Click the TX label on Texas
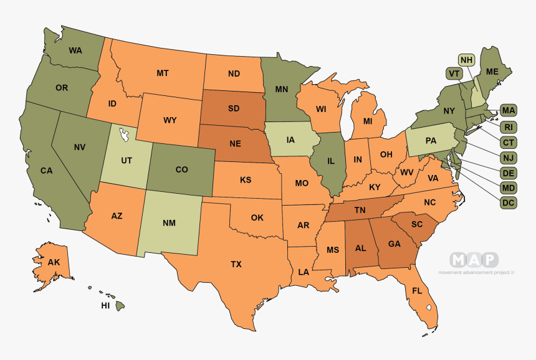pyautogui.click(x=236, y=264)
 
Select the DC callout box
pyautogui.click(x=508, y=202)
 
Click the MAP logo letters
pyautogui.click(x=475, y=260)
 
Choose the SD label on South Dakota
pyautogui.click(x=234, y=108)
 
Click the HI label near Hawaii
pyautogui.click(x=105, y=306)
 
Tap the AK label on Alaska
pyautogui.click(x=54, y=262)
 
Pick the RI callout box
pyautogui.click(x=508, y=127)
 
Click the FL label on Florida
pyautogui.click(x=417, y=291)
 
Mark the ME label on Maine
pyautogui.click(x=492, y=72)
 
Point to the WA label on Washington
pyautogui.click(x=76, y=50)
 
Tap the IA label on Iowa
pyautogui.click(x=290, y=140)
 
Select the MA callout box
pyautogui.click(x=508, y=111)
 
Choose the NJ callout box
pyautogui.click(x=508, y=158)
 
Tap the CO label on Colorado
pyautogui.click(x=181, y=169)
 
